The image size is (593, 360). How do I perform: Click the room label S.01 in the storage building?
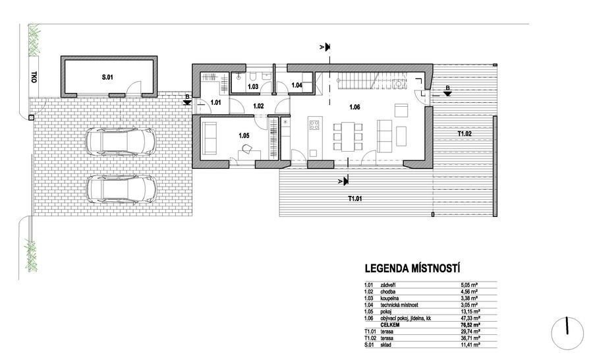tap(107, 77)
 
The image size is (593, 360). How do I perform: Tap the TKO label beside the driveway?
tap(34, 77)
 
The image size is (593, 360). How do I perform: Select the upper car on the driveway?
tap(121, 141)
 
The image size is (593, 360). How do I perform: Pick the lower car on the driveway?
tap(121, 189)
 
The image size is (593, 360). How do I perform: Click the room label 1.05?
tap(244, 135)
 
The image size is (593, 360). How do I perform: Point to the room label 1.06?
tap(354, 107)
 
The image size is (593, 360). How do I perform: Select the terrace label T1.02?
tap(465, 134)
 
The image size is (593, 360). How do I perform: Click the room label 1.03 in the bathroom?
tap(253, 86)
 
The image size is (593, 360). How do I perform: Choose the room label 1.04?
tap(297, 85)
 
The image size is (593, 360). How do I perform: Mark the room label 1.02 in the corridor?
tap(258, 106)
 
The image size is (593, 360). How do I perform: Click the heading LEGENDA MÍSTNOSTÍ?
tap(412, 269)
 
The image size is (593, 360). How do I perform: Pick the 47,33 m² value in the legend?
tap(469, 318)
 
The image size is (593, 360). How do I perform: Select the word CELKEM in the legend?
tap(390, 325)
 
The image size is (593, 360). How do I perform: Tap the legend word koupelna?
tap(389, 298)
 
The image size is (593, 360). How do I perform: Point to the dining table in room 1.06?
tap(347, 136)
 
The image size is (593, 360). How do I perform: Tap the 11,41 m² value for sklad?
tap(469, 345)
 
